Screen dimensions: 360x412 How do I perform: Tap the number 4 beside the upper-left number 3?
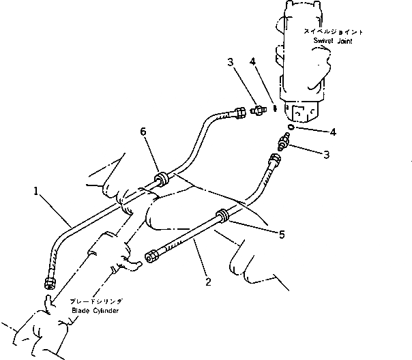pyautogui.click(x=253, y=62)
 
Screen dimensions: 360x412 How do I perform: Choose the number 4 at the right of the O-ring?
pyautogui.click(x=313, y=130)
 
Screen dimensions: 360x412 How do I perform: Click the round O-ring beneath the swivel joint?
pyautogui.click(x=290, y=127)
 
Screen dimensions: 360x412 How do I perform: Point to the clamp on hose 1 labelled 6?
pyautogui.click(x=162, y=180)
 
